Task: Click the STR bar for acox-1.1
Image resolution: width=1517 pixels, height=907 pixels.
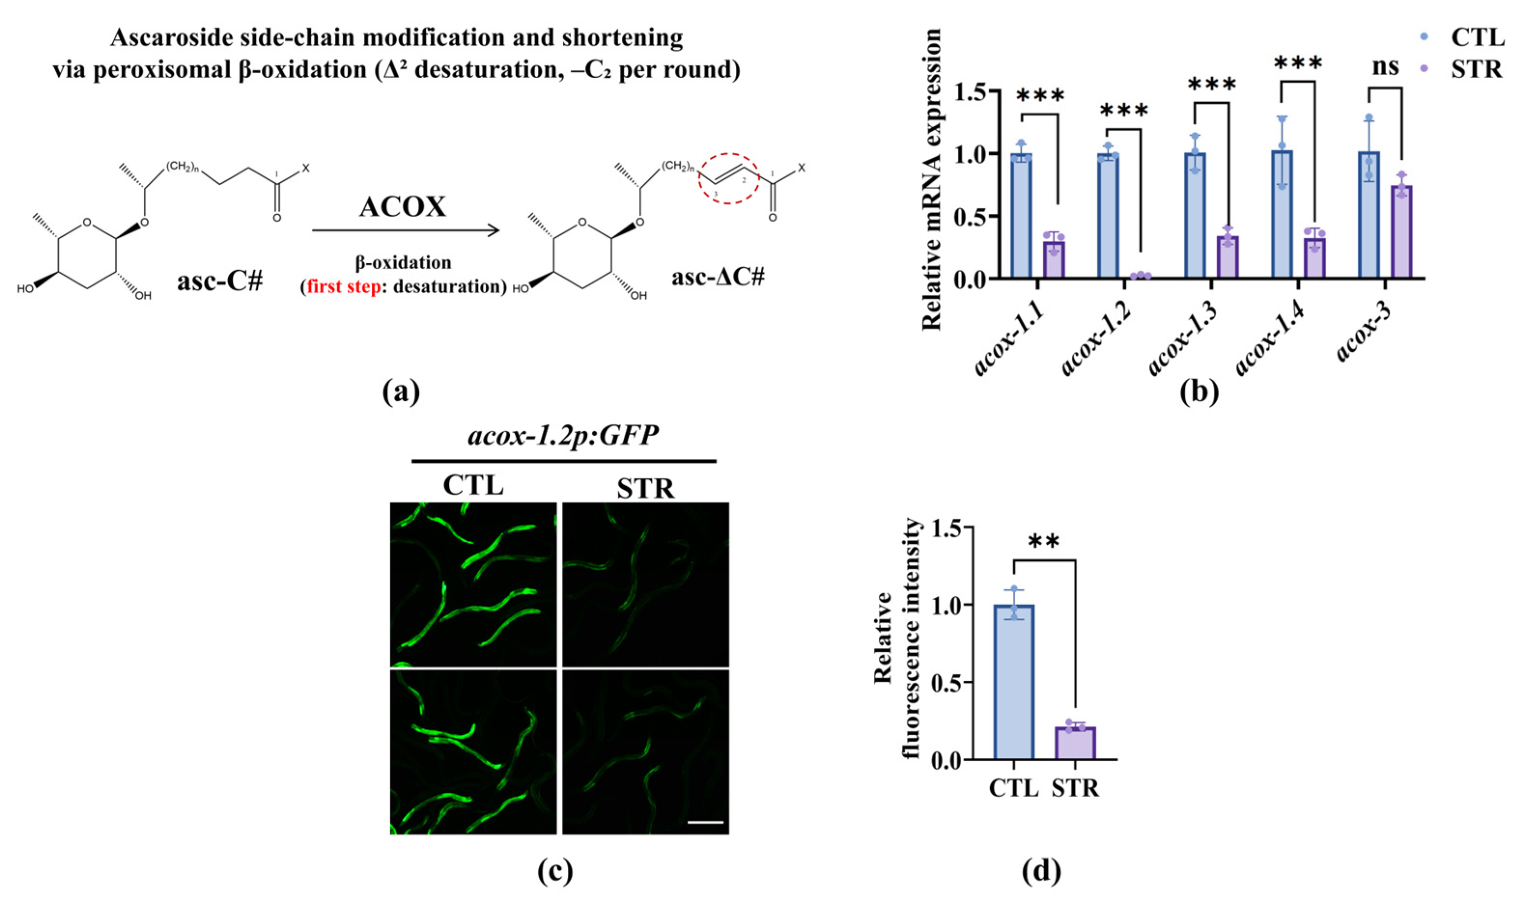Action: (x=1053, y=259)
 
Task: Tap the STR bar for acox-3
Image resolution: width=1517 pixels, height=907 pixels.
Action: (x=1402, y=232)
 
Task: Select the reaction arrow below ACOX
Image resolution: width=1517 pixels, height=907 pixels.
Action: (x=406, y=231)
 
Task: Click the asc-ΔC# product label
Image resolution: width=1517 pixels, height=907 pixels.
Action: (x=718, y=277)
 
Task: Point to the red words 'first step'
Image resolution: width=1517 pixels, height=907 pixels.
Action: (x=343, y=287)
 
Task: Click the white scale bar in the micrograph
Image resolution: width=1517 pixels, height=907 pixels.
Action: (x=705, y=822)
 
